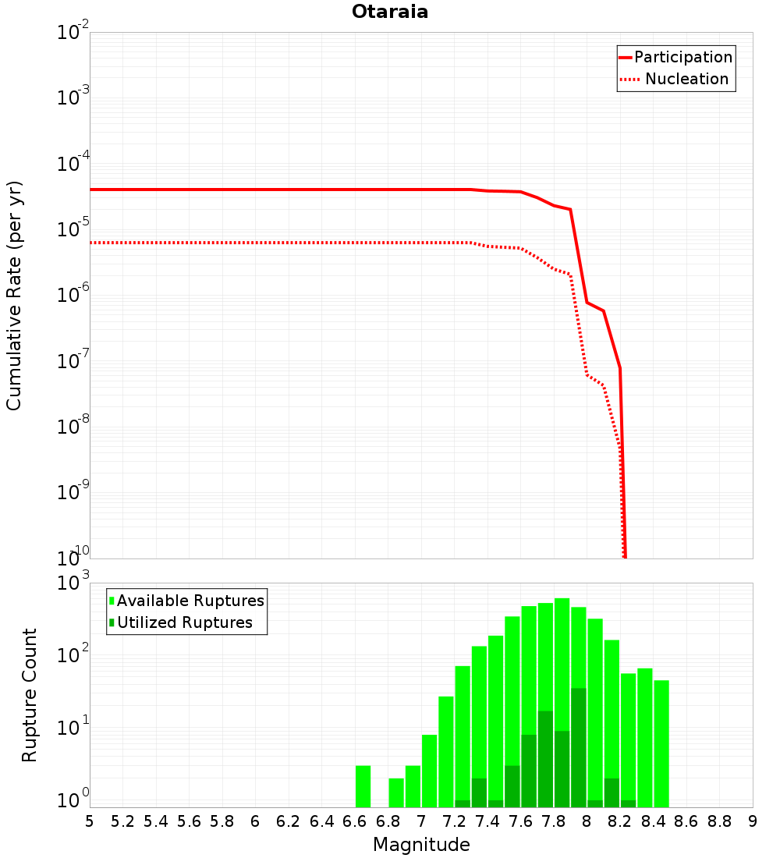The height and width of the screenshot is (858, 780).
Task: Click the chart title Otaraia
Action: [x=390, y=12]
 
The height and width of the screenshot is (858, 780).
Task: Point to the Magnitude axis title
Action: [x=421, y=845]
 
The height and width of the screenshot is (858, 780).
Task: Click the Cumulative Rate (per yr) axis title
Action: [x=14, y=296]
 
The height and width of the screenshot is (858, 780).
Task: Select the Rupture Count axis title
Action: [x=29, y=695]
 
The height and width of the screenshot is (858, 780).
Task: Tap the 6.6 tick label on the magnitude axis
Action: [x=355, y=821]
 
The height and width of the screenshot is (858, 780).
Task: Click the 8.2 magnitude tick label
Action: [x=620, y=821]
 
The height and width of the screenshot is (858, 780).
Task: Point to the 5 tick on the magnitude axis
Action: [x=90, y=821]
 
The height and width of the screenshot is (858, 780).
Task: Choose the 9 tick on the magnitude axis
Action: [x=753, y=821]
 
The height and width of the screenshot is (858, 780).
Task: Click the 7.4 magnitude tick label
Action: [x=487, y=821]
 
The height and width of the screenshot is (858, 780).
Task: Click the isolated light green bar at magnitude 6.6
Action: [x=363, y=786]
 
